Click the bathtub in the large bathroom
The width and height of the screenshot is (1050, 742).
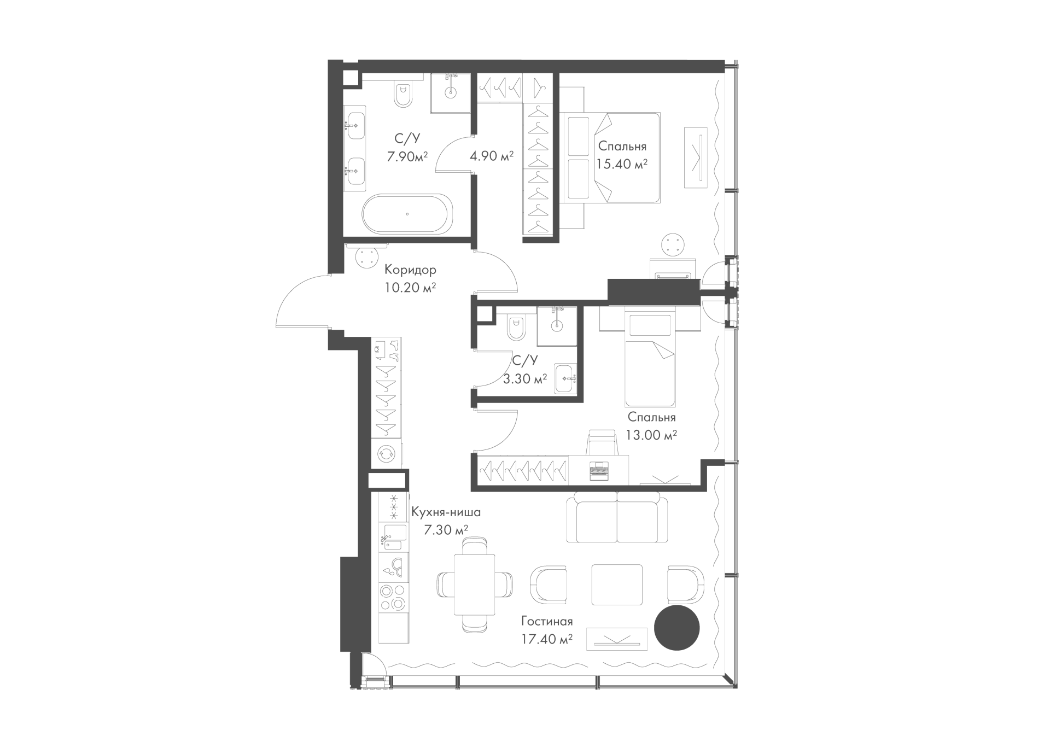point(407,214)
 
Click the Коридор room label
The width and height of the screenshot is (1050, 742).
point(410,270)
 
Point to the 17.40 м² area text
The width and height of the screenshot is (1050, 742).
point(547,639)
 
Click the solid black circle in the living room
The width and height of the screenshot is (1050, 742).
point(677,628)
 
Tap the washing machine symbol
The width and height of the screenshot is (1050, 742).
point(386,453)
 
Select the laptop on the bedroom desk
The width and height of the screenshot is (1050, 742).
point(598,471)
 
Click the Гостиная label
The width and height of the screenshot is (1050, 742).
point(547,622)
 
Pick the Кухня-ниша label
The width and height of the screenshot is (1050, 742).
point(446,513)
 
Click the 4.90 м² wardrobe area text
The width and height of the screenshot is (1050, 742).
point(492,156)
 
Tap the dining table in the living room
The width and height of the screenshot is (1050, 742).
point(474,585)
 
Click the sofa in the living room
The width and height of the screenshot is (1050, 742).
point(617,517)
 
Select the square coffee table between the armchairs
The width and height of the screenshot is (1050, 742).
point(617,585)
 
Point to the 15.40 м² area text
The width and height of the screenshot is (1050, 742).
point(622,163)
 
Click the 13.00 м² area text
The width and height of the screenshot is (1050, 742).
point(652,435)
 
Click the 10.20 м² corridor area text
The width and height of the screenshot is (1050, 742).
point(410,288)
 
